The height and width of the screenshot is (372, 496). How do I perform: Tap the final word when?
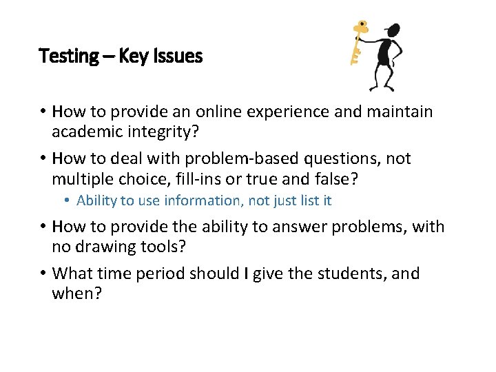pos(78,293)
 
